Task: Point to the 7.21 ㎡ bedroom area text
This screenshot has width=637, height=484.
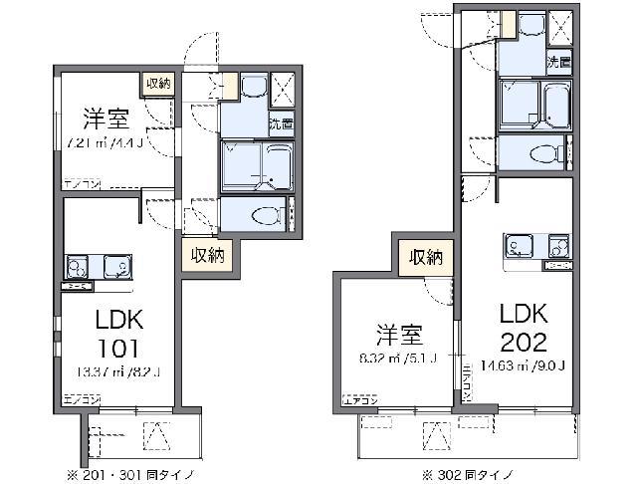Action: point(104,142)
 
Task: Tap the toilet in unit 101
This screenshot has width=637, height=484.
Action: point(264,215)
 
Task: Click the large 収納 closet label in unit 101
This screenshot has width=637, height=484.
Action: point(208,255)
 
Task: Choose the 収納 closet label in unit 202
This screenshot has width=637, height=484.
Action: point(426,258)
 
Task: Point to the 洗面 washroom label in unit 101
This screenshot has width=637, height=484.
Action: point(281,124)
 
